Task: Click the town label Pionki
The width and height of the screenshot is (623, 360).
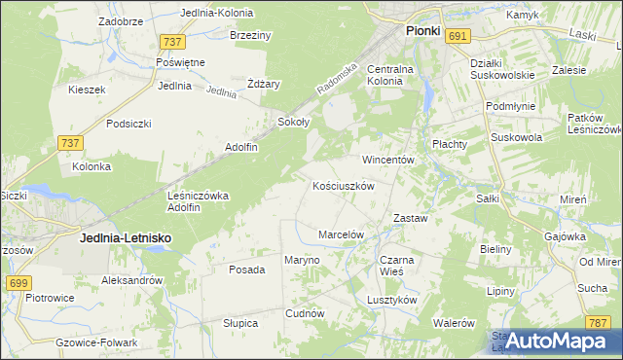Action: (x=422, y=31)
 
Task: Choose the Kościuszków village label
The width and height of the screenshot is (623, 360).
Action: (x=344, y=185)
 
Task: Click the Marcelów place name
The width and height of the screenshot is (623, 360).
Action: (x=341, y=234)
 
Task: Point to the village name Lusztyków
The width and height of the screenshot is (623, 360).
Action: (x=392, y=300)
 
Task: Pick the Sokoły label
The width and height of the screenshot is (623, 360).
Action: (x=293, y=123)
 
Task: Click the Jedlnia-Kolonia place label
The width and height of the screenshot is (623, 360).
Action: (x=217, y=14)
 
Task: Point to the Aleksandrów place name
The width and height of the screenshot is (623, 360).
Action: (x=131, y=280)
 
